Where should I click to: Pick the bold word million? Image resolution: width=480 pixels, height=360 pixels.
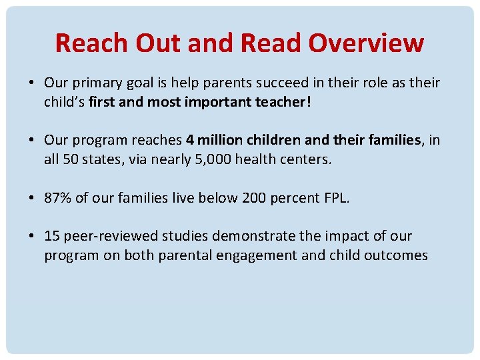click(x=219, y=141)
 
